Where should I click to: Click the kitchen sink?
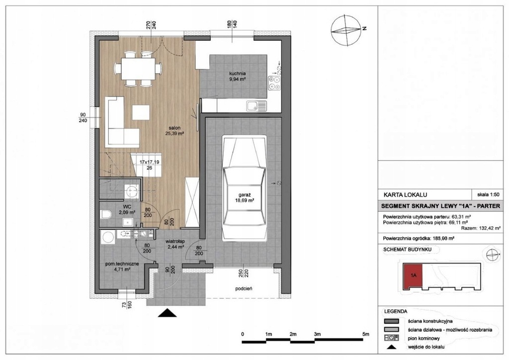[x=256, y=106]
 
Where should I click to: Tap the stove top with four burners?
[x=274, y=83]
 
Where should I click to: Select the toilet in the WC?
[x=106, y=214]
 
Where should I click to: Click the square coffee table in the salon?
[x=141, y=112]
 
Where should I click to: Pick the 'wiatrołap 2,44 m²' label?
[x=175, y=244]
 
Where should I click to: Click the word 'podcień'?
[x=244, y=288]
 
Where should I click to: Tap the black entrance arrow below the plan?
[x=167, y=313]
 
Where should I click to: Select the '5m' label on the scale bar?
[x=366, y=334]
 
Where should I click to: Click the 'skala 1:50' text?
[x=488, y=195]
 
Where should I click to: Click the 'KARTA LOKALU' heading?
[x=405, y=195]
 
